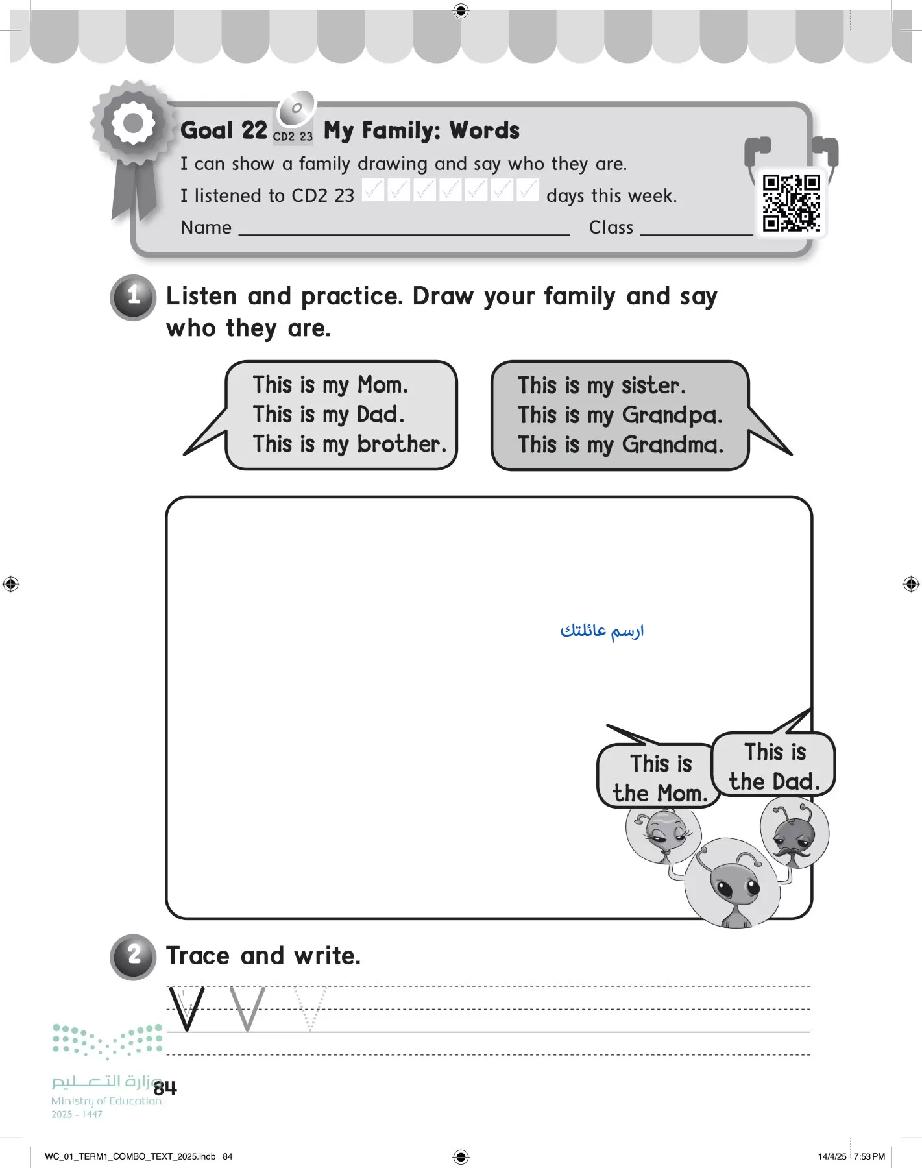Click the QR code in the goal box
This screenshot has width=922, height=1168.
click(x=791, y=203)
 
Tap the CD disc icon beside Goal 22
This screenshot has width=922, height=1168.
click(x=296, y=108)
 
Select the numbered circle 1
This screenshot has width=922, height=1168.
click(x=134, y=297)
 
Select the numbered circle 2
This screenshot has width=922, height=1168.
click(x=134, y=956)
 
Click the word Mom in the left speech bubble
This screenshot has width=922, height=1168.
click(x=382, y=385)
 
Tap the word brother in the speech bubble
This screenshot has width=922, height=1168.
click(x=401, y=444)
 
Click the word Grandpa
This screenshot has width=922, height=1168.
click(x=672, y=415)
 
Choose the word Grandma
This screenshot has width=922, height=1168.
click(x=672, y=445)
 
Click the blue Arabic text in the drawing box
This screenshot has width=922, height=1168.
click(x=602, y=631)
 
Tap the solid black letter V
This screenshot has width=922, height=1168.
click(x=186, y=1009)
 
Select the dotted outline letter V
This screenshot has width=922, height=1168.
click(x=310, y=1009)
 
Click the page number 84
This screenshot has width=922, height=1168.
click(x=165, y=1088)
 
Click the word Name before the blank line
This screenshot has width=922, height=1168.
click(x=206, y=228)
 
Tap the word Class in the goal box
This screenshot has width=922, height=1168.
click(x=611, y=228)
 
